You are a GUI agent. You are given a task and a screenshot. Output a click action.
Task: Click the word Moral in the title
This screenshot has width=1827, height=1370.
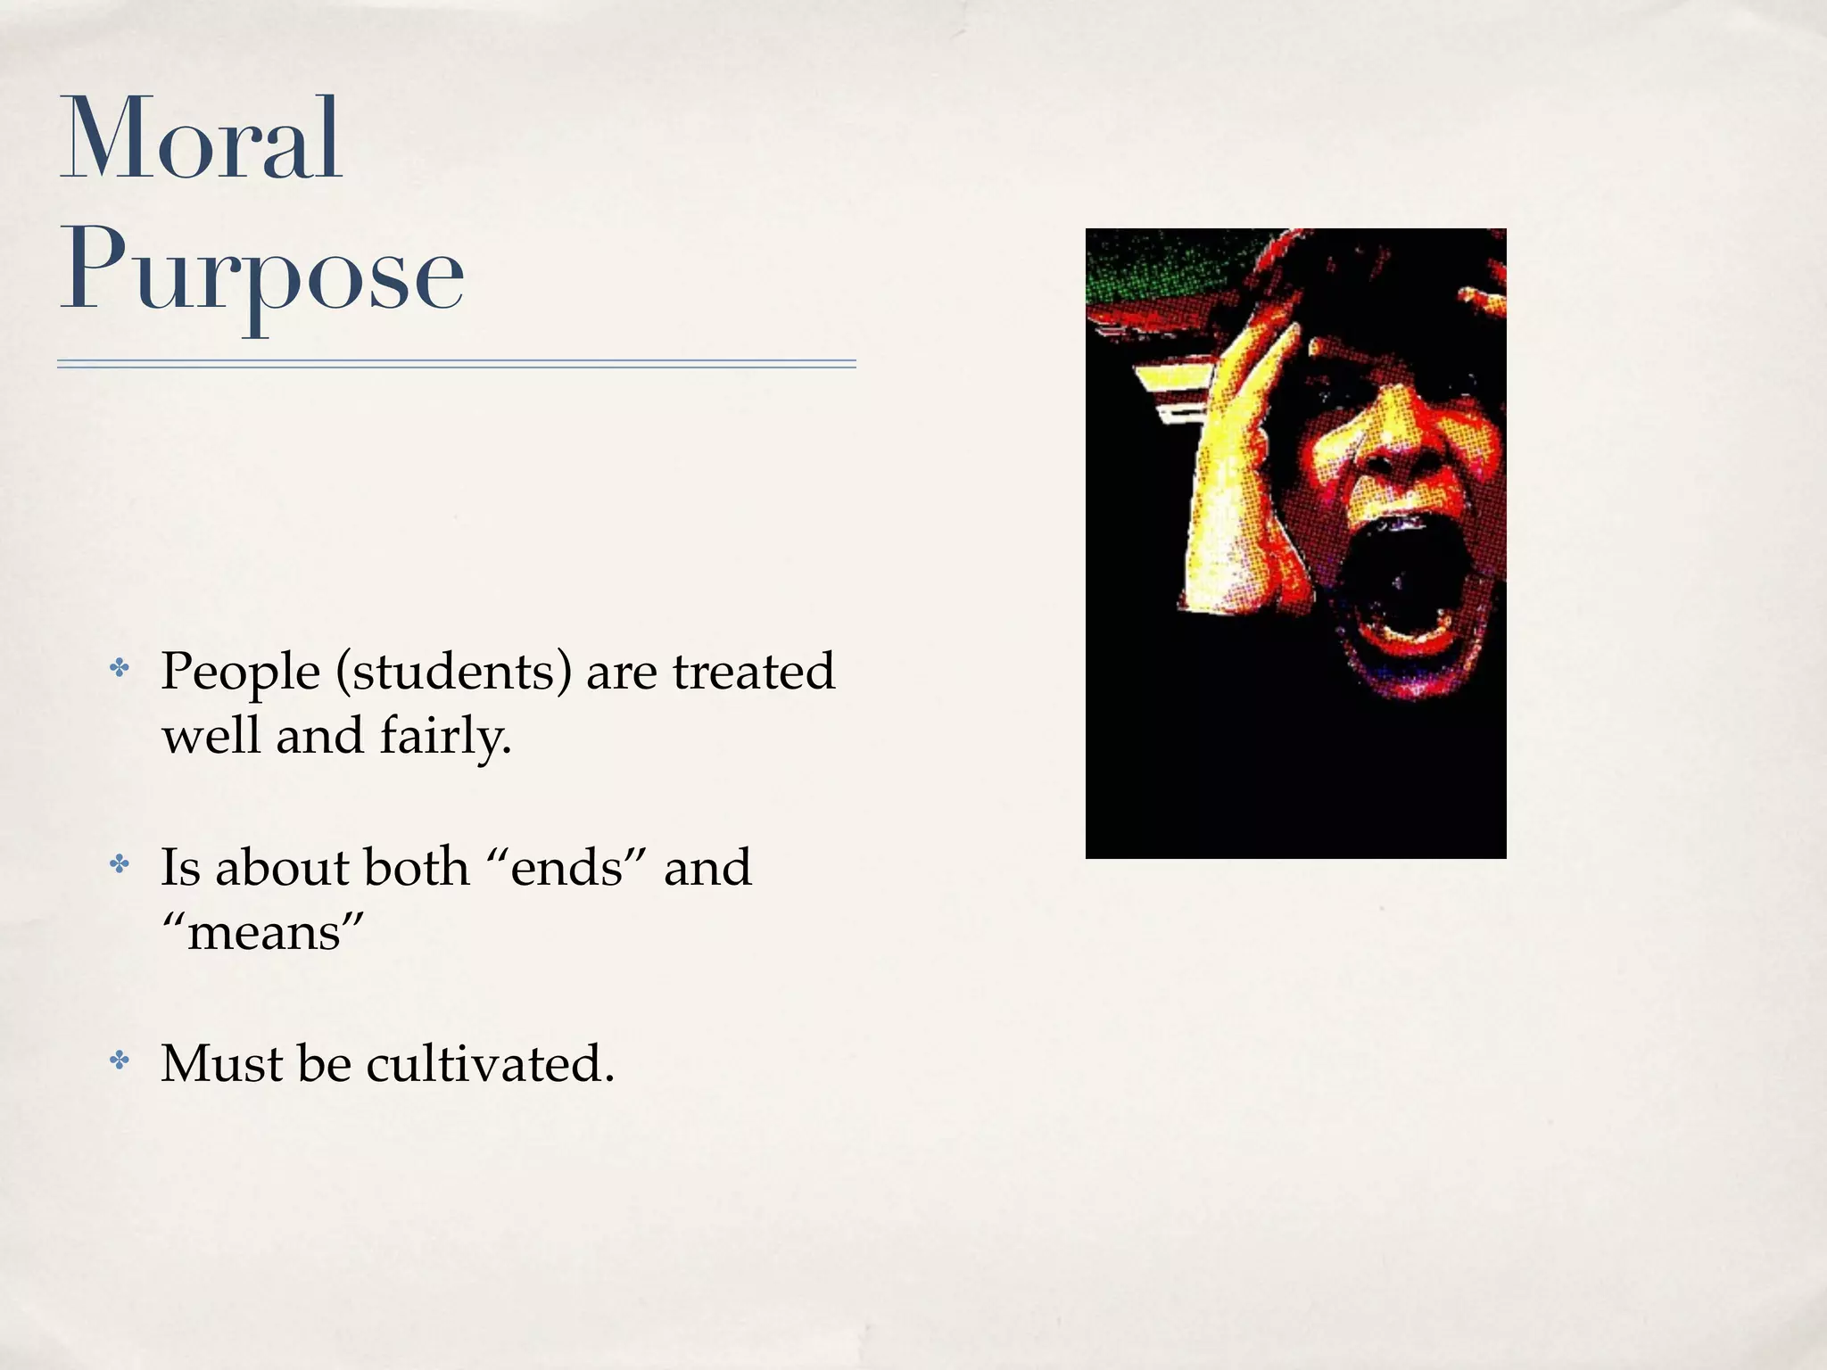pos(201,141)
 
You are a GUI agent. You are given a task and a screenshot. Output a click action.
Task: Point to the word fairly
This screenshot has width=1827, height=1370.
pos(445,738)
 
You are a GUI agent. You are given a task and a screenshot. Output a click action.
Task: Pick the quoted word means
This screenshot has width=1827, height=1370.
pos(263,933)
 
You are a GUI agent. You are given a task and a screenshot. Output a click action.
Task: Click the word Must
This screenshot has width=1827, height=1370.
pos(222,1063)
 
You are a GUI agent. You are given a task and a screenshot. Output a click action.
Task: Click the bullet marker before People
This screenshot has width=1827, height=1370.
pos(119,668)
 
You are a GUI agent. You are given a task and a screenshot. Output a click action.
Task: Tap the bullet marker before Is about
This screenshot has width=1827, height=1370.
pos(119,863)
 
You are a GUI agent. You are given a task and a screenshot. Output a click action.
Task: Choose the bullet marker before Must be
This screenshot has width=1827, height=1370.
pos(119,1060)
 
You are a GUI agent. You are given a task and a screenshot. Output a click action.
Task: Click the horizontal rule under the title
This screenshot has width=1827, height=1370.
pos(456,364)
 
